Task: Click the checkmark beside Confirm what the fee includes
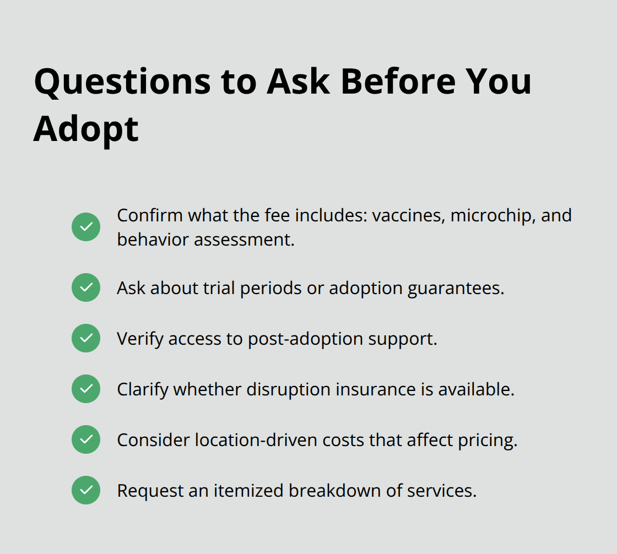(86, 227)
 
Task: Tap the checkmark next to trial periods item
(86, 287)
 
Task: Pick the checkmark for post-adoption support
(86, 338)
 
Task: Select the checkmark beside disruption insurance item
(86, 389)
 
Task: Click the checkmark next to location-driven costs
(86, 439)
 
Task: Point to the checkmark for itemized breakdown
(86, 490)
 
